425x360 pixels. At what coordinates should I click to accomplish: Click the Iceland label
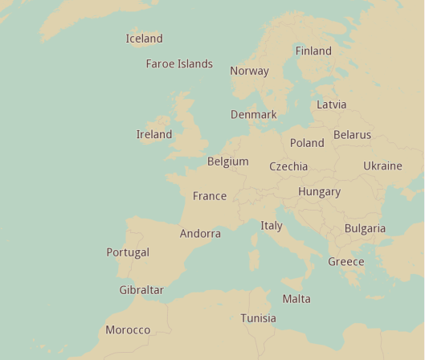[x=144, y=39]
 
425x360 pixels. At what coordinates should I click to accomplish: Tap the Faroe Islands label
[x=179, y=63]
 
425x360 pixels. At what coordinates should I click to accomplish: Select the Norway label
[x=249, y=71]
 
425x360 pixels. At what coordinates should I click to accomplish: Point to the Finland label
[x=313, y=51]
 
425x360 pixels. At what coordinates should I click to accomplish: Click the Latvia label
[x=331, y=104]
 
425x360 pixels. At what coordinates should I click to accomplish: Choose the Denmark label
[x=253, y=115]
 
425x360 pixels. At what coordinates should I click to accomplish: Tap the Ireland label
[x=153, y=134]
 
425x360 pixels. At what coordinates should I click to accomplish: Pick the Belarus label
[x=352, y=135]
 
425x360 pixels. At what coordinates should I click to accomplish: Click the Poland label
[x=307, y=143]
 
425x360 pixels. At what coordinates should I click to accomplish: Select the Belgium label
[x=227, y=162]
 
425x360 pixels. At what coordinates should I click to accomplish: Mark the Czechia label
[x=288, y=167]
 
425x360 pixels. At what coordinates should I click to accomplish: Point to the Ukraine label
[x=382, y=166]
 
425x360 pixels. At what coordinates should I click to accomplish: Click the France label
[x=210, y=196]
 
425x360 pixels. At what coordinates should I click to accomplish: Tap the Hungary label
[x=319, y=192]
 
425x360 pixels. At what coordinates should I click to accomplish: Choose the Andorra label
[x=200, y=234]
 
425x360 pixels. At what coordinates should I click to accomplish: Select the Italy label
[x=272, y=226]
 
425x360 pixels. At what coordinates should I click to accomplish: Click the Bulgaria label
[x=365, y=229]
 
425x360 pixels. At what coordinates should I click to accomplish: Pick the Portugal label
[x=128, y=252]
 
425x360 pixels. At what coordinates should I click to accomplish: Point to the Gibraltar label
[x=141, y=290]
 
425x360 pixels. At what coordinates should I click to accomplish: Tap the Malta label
[x=296, y=299]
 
